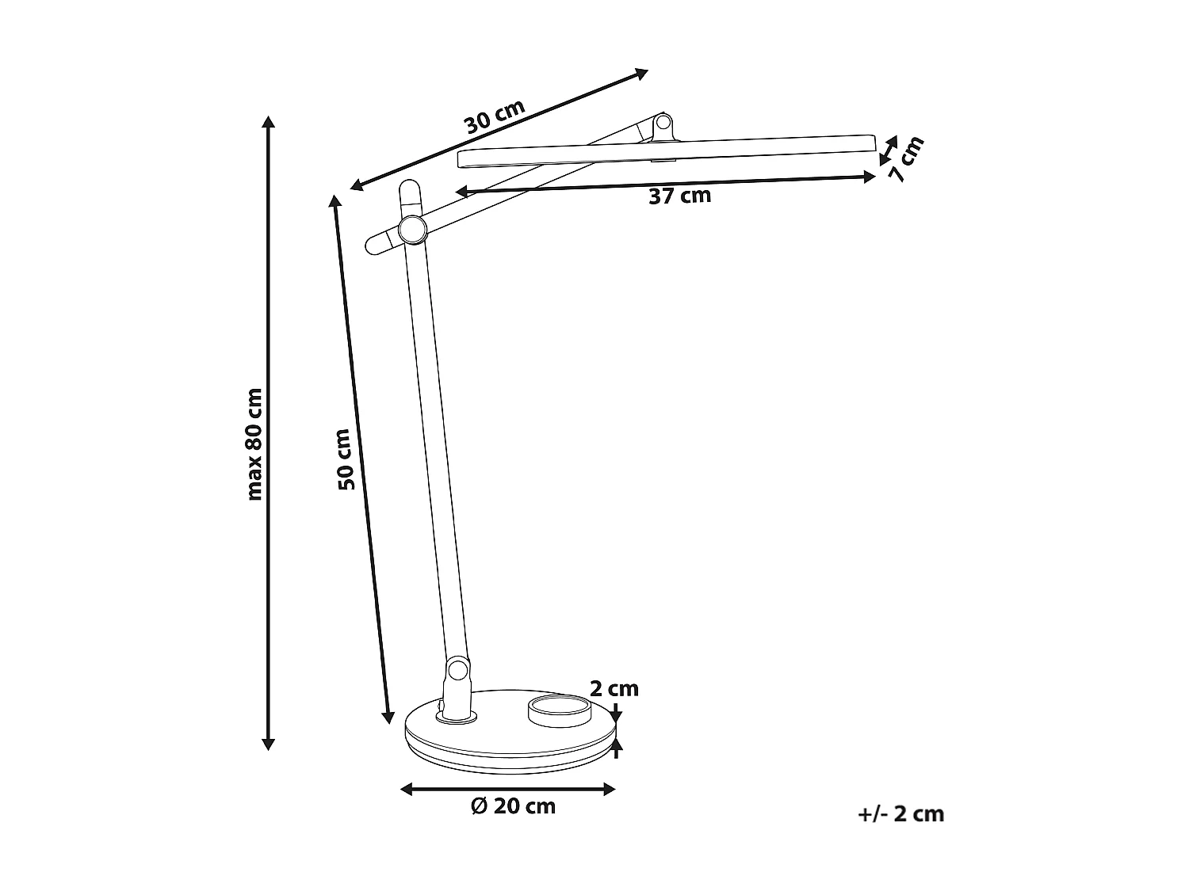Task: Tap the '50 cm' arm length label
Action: coord(343,459)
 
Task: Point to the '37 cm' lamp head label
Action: coord(679,196)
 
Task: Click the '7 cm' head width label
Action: coord(906,159)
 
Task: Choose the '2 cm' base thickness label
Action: coord(614,688)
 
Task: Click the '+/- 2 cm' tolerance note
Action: coord(902,813)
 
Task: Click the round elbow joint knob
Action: coord(412,230)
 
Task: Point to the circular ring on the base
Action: coord(559,710)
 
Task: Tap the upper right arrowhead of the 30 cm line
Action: coord(643,73)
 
